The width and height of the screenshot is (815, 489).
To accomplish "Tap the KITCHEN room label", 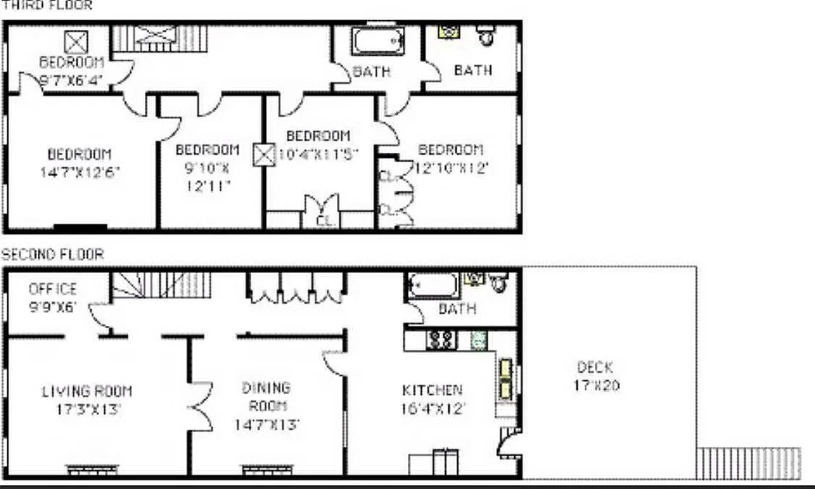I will pos(432,399).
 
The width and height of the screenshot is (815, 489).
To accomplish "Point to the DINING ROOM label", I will pos(267,405).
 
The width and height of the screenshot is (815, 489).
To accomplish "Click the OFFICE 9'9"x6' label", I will pos(53,297).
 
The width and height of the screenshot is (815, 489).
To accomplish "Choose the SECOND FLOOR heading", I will pos(53,254).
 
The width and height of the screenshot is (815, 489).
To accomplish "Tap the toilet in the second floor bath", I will pos(500,282).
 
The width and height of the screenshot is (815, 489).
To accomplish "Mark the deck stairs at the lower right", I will pos(748,463).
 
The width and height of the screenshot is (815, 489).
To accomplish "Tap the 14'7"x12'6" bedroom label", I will pos(79,163).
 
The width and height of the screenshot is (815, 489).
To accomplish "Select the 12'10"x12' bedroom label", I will pos(451,159).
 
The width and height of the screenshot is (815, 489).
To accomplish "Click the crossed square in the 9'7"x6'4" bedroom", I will pos(76,42).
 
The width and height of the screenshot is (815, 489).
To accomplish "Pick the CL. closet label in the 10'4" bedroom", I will pos(323,221).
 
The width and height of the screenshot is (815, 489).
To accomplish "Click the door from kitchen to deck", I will pos(509,444).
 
